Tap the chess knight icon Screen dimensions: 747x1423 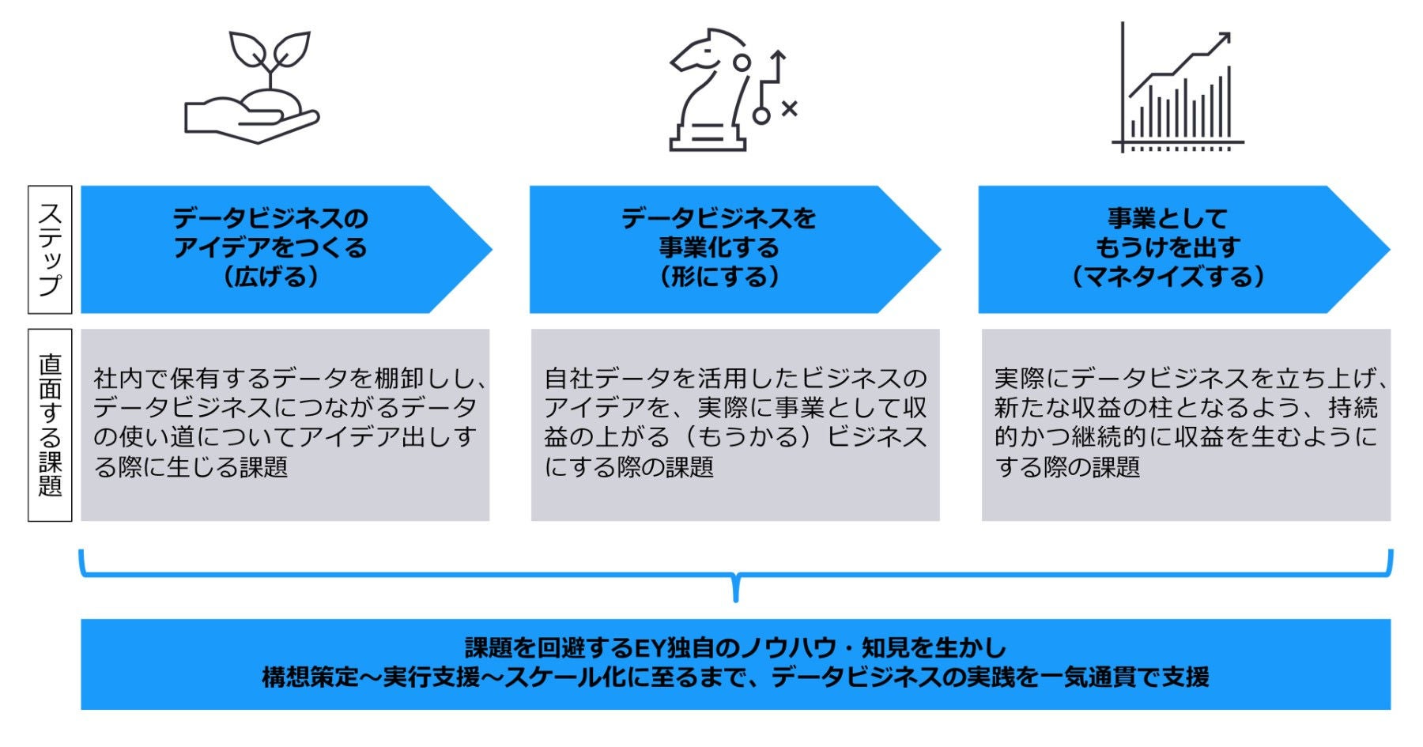(708, 91)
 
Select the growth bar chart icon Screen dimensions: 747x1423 (1178, 89)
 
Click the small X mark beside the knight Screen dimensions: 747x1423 (789, 108)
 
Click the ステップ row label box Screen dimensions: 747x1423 (50, 250)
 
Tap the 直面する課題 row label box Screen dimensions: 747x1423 (50, 425)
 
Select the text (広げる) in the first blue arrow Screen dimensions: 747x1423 (270, 277)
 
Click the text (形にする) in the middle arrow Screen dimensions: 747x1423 (719, 277)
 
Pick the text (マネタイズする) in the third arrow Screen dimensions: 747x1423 (1168, 277)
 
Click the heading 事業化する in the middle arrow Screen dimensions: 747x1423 (719, 248)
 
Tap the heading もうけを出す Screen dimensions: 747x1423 (1168, 248)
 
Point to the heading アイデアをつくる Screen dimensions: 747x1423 (270, 248)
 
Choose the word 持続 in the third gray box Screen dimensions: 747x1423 (1353, 408)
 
